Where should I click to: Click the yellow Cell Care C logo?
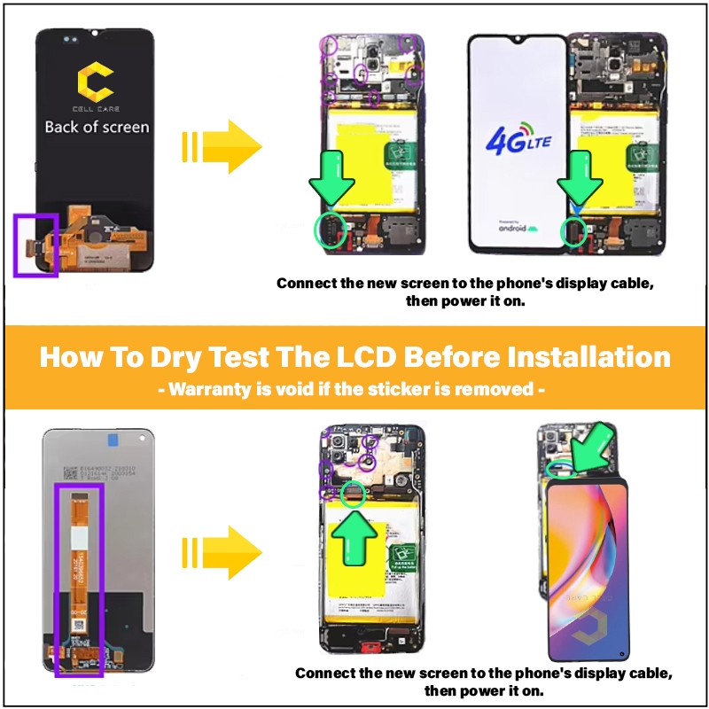pyautogui.click(x=96, y=82)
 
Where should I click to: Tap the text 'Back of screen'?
pyautogui.click(x=97, y=127)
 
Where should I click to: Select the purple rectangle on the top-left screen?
pyautogui.click(x=35, y=244)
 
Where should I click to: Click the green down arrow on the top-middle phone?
pyautogui.click(x=331, y=184)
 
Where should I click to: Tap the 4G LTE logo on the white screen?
pyautogui.click(x=517, y=140)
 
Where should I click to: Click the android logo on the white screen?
pyautogui.click(x=516, y=228)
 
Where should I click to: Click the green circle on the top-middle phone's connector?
pyautogui.click(x=331, y=231)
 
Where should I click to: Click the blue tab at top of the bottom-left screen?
pyautogui.click(x=111, y=438)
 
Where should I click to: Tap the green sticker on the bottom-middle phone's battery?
pyautogui.click(x=400, y=557)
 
